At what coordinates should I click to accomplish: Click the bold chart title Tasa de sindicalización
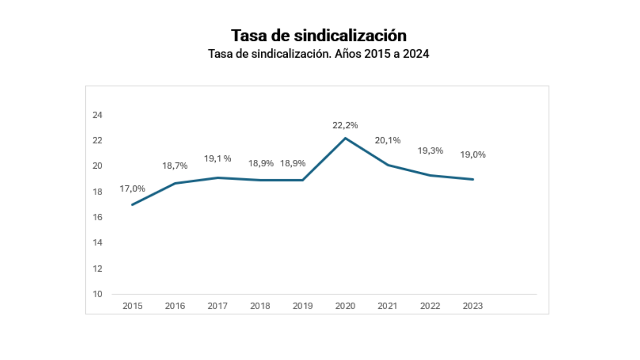[x=319, y=36]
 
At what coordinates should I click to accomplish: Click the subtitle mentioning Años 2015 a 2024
[x=319, y=54]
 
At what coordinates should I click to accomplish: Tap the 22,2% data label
[x=345, y=125]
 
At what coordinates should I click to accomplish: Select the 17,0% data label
[x=132, y=189]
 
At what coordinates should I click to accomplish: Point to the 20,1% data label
[x=387, y=140]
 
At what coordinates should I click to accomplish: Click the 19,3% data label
[x=430, y=151]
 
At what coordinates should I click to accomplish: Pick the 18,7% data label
[x=175, y=166]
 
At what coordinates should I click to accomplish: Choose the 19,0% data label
[x=473, y=155]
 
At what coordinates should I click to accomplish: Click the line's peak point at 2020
[x=345, y=138]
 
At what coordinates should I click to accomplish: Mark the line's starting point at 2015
[x=133, y=205]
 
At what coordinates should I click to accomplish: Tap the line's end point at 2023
[x=473, y=179]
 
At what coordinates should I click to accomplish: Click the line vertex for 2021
[x=388, y=165]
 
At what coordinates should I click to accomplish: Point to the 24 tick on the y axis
[x=97, y=115]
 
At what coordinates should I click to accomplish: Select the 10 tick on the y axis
[x=97, y=294]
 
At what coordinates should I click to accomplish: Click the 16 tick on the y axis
[x=97, y=217]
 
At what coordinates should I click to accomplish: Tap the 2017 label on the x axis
[x=217, y=306]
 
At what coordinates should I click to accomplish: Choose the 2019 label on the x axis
[x=302, y=306]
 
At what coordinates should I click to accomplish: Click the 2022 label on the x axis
[x=430, y=306]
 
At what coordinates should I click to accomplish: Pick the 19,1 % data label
[x=217, y=159]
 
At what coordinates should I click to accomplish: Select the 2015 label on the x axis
[x=132, y=306]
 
